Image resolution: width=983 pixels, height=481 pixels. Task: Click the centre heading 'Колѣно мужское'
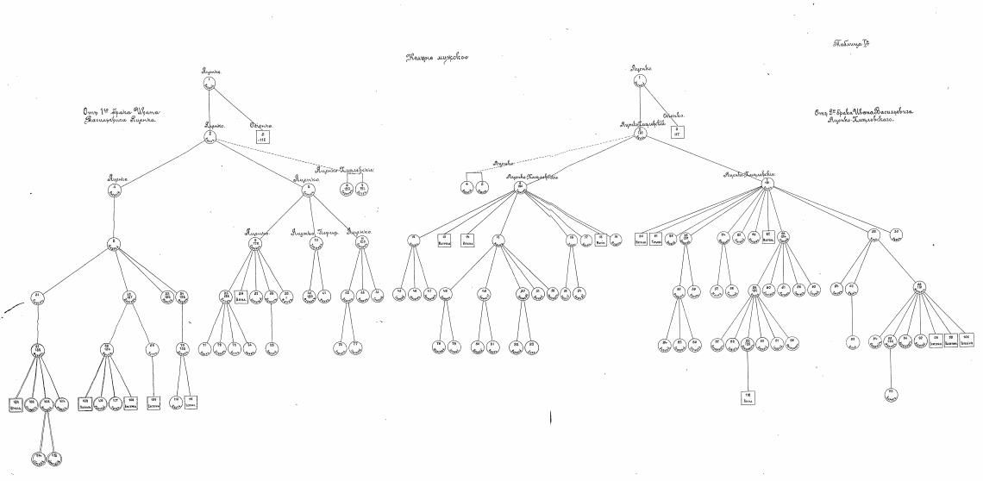pos(437,59)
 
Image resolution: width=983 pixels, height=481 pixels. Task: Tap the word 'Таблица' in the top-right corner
pos(850,44)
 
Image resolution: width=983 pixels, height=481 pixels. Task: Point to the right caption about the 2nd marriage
pos(865,116)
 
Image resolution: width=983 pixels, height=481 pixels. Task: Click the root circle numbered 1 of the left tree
pos(209,83)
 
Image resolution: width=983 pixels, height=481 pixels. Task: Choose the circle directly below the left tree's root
pos(209,135)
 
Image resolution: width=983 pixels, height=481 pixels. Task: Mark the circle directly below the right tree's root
pos(639,133)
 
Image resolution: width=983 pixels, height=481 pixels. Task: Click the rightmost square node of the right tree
pos(967,339)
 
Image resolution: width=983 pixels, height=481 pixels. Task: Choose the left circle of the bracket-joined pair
pos(466,185)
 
